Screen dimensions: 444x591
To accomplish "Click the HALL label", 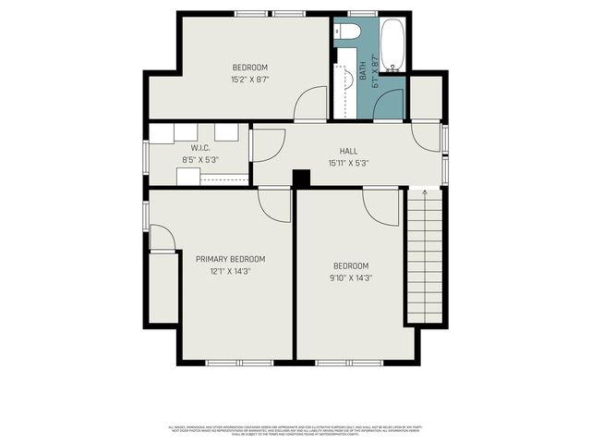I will (x=348, y=151).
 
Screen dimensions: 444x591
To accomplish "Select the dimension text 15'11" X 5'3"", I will (x=348, y=164).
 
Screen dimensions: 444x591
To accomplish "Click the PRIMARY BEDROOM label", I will (x=230, y=259).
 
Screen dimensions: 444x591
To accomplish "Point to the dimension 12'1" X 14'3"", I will (x=230, y=272).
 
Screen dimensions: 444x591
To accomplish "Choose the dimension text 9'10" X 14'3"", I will (x=351, y=277).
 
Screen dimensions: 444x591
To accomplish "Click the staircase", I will (x=425, y=259).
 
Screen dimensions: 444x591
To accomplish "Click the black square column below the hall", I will (x=300, y=179).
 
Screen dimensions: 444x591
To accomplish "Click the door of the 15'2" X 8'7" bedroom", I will (x=311, y=103).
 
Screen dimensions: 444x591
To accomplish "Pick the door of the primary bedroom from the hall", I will (x=274, y=203).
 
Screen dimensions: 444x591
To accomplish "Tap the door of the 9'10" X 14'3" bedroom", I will (x=380, y=204).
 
